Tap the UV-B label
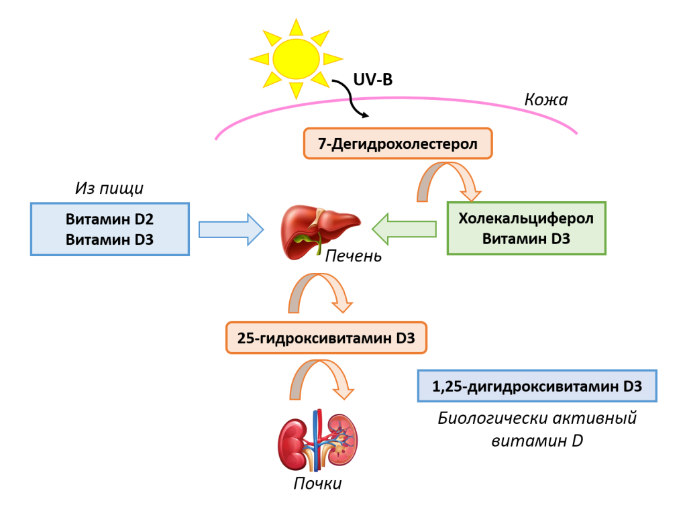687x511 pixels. coord(372,80)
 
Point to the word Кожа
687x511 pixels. coord(545,100)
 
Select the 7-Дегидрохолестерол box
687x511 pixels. coord(398,144)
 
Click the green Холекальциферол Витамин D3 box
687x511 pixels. coord(526,228)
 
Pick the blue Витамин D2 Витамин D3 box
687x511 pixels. coord(109,229)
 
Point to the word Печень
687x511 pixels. coord(353,256)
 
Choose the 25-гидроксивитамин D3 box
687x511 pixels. coord(325,338)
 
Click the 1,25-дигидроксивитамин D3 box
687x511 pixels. coord(537,386)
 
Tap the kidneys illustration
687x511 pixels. coord(317,441)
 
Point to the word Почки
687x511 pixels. coord(317,484)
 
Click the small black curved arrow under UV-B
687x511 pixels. coord(358,101)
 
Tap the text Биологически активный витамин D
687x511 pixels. coord(536,430)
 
